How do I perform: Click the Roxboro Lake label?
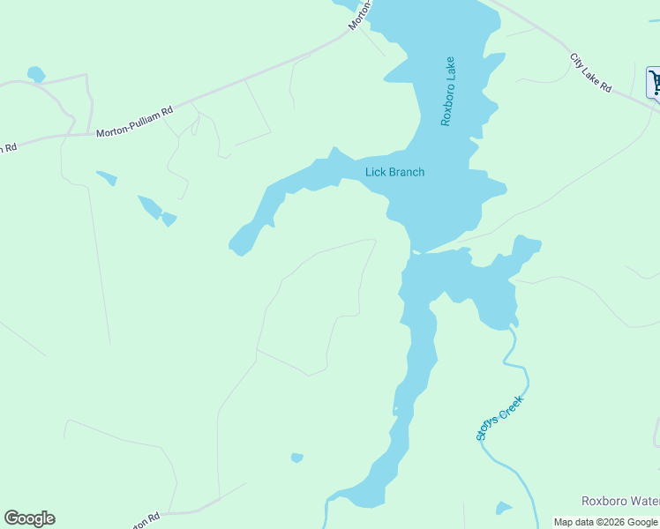tap(447, 92)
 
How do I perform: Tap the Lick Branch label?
tap(394, 172)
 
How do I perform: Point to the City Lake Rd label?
tap(590, 73)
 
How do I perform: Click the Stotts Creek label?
tap(499, 417)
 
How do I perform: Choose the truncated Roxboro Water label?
tap(619, 501)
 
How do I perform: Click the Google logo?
tap(29, 518)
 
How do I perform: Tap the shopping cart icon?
tap(656, 83)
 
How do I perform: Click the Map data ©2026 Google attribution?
tap(605, 522)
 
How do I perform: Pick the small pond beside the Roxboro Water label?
tap(503, 508)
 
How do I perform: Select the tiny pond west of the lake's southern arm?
tap(297, 458)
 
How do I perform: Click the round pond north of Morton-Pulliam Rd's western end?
tap(36, 74)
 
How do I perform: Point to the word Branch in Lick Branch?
tap(407, 172)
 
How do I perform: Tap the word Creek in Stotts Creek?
tap(511, 406)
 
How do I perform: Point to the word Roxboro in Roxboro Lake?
tap(447, 105)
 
